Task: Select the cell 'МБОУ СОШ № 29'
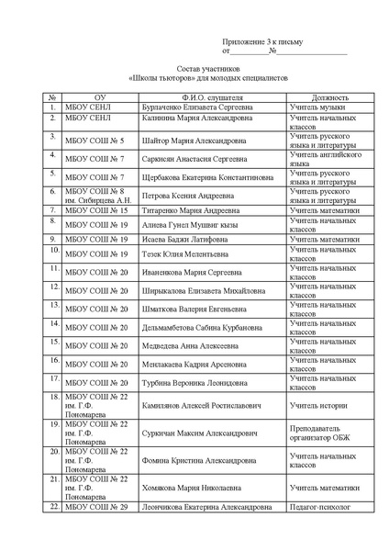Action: (x=95, y=506)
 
